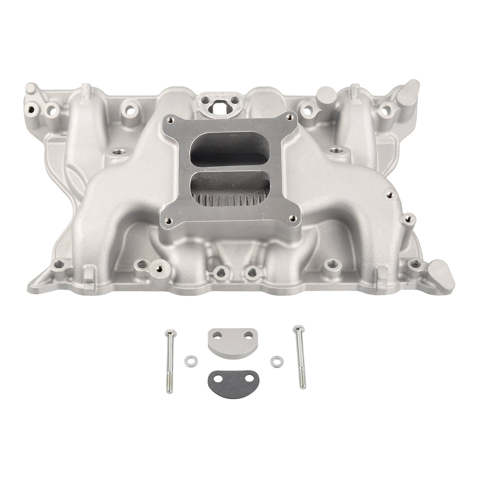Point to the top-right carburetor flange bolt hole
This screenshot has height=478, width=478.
(x=288, y=118)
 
